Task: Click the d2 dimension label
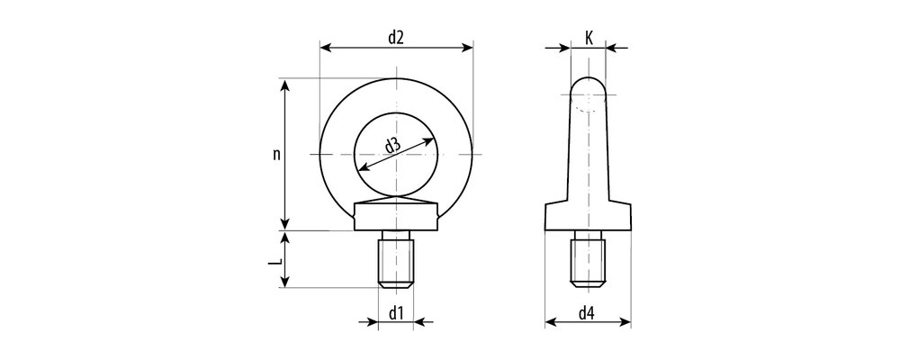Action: coord(396,37)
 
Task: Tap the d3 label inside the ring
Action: coord(392,146)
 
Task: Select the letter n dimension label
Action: coord(276,154)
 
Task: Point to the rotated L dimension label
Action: coord(276,261)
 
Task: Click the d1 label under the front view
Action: coord(397,313)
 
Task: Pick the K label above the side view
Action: coord(589,38)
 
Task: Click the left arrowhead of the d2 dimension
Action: coord(326,47)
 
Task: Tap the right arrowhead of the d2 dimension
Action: coord(466,47)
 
